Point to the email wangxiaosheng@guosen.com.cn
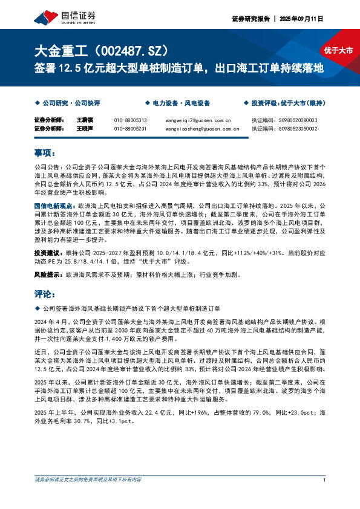tap(198, 128)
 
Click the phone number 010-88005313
tap(130, 120)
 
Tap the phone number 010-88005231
tap(130, 128)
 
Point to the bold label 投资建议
tap(46, 252)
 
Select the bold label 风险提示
tap(46, 274)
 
